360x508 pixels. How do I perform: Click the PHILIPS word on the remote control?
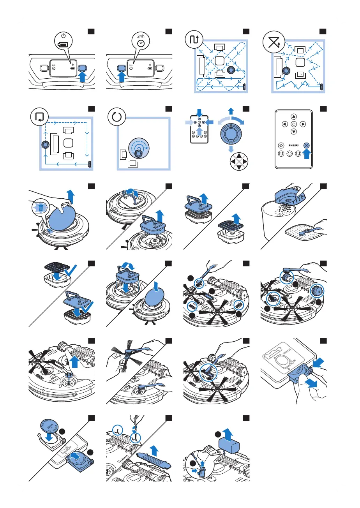293,145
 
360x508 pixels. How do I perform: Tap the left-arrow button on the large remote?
284,125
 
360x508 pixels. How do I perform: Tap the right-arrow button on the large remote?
303,125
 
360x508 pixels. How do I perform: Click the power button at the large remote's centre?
293,125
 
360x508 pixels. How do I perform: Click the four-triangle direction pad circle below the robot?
237,161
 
